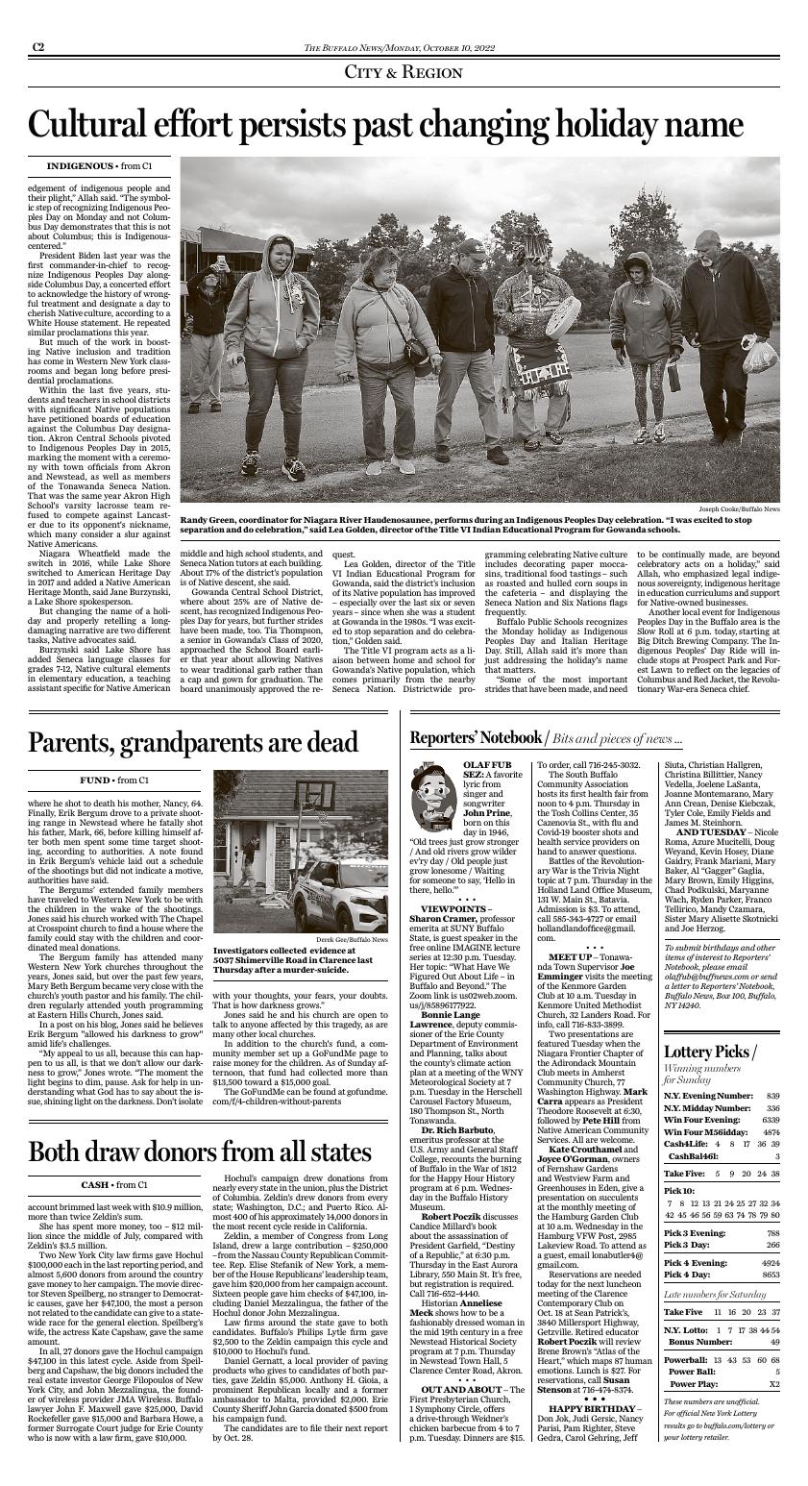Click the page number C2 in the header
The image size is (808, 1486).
37,46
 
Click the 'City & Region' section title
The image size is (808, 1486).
404,72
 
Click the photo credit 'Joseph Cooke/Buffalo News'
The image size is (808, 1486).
739,508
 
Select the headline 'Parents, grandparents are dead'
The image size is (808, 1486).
193,743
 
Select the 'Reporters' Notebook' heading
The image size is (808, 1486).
476,737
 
